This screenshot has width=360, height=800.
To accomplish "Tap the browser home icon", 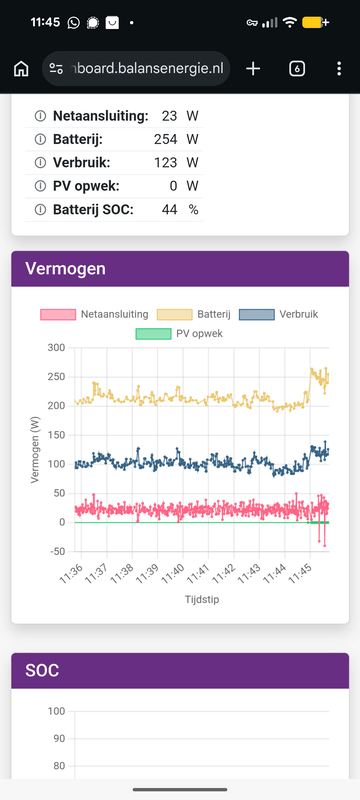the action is click(x=21, y=68).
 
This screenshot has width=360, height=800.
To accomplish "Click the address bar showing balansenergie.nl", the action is click(x=136, y=68).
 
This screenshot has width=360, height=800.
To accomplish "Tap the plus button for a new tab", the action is click(x=253, y=68).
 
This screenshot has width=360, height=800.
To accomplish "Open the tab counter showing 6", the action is click(x=297, y=68).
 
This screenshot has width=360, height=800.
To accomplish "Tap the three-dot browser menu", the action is click(x=339, y=68).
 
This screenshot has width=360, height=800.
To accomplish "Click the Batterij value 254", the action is click(x=166, y=139).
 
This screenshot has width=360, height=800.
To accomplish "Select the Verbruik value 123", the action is click(x=166, y=163).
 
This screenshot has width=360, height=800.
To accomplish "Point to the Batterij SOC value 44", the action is click(x=170, y=210).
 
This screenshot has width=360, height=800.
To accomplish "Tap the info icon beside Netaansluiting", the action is click(x=40, y=116).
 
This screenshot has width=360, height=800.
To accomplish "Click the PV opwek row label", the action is click(x=86, y=186).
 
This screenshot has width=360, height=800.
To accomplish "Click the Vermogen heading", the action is click(x=65, y=268).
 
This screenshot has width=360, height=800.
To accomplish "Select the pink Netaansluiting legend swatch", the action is click(x=58, y=314).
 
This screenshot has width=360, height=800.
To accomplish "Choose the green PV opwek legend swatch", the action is click(x=153, y=334).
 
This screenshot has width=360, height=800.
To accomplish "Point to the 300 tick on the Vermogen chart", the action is click(x=56, y=348).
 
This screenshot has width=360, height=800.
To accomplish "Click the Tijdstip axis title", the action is click(x=202, y=599).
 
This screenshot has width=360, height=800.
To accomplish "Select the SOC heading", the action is click(x=42, y=670).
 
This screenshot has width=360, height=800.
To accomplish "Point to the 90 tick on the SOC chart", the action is click(x=60, y=739).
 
